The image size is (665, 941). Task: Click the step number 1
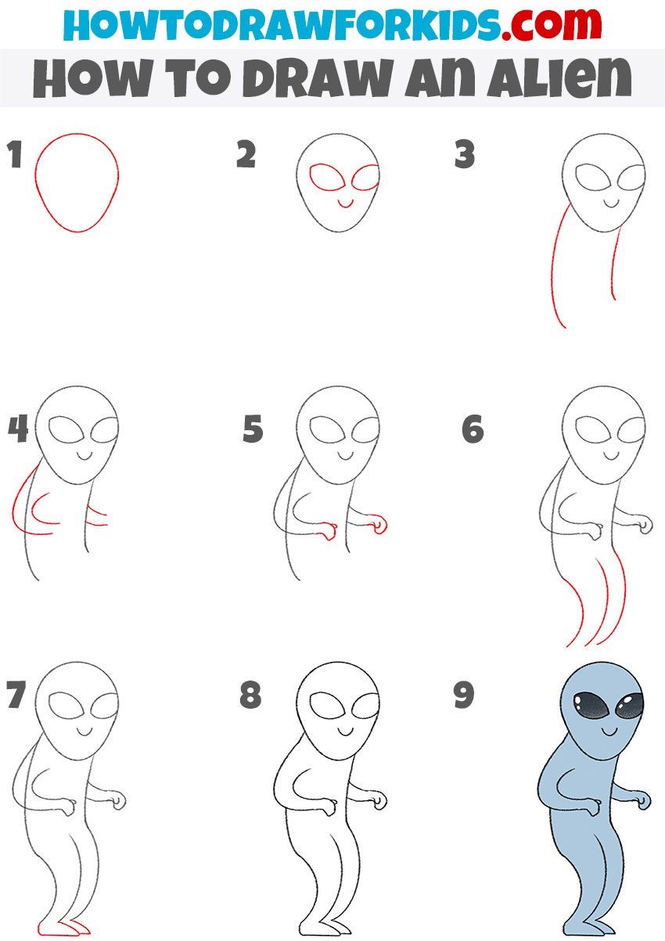click(x=13, y=156)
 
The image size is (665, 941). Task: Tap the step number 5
click(x=253, y=429)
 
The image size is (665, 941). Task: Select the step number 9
click(x=465, y=695)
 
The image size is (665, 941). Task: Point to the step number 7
click(x=16, y=695)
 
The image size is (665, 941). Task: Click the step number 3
click(x=465, y=156)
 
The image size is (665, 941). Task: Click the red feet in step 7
click(x=63, y=929)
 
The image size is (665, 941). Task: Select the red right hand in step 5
click(x=380, y=525)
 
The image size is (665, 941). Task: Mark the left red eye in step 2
click(x=322, y=178)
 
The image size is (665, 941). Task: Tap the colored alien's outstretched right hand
click(x=644, y=800)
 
